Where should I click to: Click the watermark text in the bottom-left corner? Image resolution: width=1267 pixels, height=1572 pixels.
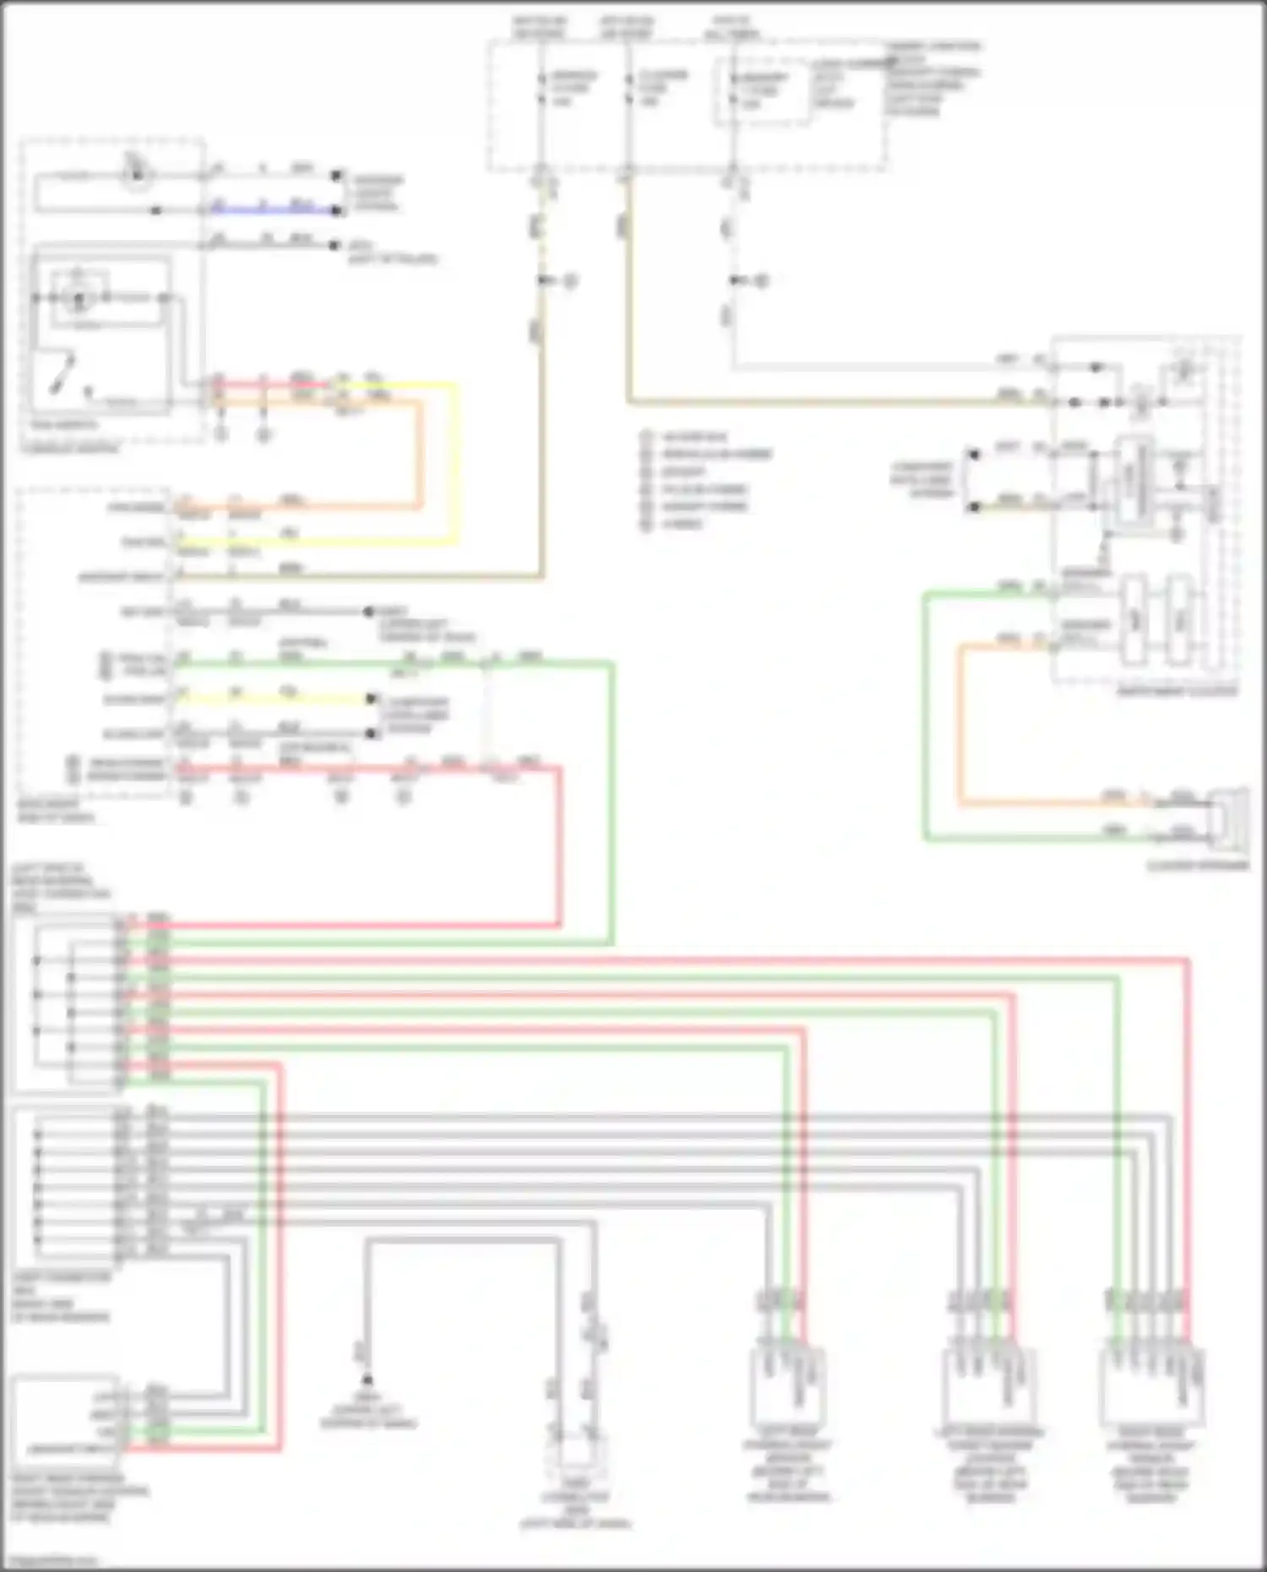click(51, 1560)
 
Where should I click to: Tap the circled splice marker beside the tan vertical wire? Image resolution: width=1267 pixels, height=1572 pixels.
click(570, 280)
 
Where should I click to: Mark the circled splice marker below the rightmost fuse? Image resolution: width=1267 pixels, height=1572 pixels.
click(761, 280)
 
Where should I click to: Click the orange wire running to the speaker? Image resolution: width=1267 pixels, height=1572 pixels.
click(960, 726)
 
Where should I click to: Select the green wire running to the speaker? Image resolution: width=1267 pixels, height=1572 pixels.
click(926, 718)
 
